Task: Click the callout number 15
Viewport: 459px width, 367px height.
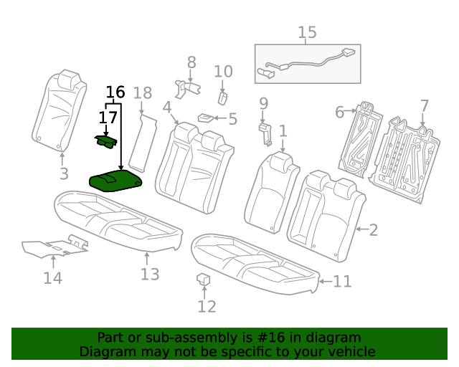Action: point(307,32)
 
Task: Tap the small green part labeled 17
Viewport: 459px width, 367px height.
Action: point(105,141)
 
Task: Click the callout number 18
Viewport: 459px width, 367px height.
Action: point(142,92)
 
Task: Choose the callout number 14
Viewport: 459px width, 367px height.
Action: point(52,278)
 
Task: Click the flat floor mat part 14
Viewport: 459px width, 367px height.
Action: point(54,248)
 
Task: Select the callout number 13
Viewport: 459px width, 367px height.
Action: point(149,274)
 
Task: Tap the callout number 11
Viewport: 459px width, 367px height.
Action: point(341,282)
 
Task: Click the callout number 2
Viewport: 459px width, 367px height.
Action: point(372,230)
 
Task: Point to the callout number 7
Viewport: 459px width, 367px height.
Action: point(424,106)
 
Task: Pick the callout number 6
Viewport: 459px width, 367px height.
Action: point(340,112)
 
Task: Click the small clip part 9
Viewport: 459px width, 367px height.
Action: point(264,133)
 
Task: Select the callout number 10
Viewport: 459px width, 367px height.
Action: point(223,71)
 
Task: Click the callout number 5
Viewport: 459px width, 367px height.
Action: point(232,119)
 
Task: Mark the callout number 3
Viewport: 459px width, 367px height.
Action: point(63,173)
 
